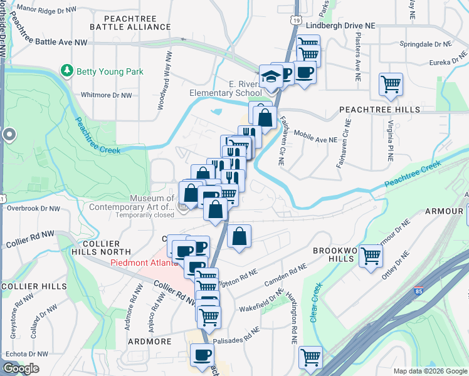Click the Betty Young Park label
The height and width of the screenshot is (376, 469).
point(110,71)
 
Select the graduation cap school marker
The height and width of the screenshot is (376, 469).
point(271,77)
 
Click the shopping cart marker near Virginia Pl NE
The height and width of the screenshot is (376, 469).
point(391,83)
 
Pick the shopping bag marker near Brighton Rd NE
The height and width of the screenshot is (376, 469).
point(239,237)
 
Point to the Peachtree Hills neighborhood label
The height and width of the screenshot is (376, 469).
point(379,109)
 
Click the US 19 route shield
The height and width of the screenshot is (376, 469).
point(295,20)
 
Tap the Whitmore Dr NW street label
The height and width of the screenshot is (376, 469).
point(107,95)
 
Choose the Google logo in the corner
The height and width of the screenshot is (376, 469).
point(21,368)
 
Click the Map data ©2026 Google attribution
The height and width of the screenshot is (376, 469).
point(429,371)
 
